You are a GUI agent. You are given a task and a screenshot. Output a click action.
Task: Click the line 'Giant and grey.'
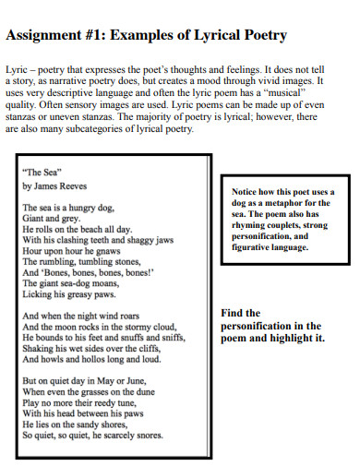click(x=51, y=219)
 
